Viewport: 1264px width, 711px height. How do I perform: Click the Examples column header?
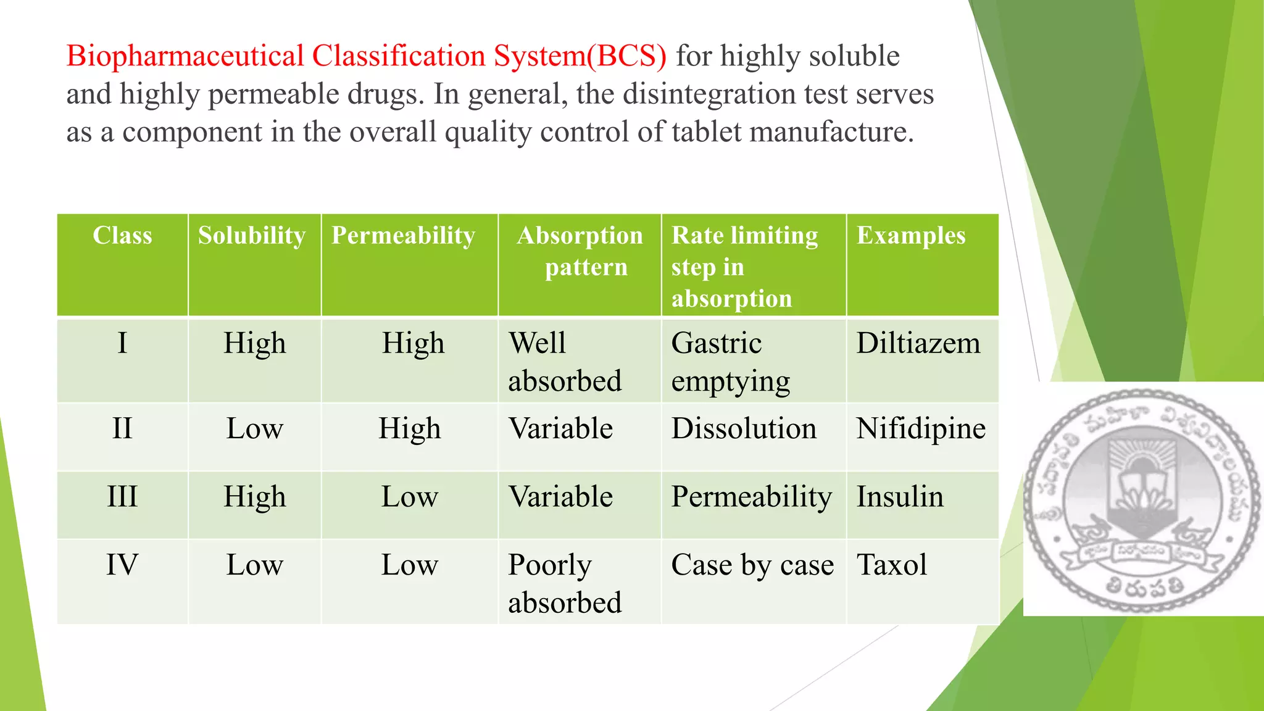click(911, 236)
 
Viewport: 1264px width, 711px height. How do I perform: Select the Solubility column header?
click(252, 236)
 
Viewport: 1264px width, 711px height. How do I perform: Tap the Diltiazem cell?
click(918, 344)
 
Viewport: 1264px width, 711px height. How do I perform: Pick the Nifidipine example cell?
click(921, 429)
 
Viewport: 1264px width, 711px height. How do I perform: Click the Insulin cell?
click(900, 497)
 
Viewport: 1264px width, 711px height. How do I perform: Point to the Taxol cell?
click(892, 565)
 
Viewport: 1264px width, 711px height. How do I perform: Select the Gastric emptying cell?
click(731, 362)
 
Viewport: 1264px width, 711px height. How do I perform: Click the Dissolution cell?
click(744, 429)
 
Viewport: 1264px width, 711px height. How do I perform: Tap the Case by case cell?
click(752, 565)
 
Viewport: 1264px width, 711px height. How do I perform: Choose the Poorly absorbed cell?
click(565, 583)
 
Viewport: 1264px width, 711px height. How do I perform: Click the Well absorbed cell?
click(565, 362)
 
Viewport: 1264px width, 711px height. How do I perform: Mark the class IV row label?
click(122, 565)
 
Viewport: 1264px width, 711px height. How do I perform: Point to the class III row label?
click(122, 497)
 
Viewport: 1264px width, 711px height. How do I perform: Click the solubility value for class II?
click(254, 429)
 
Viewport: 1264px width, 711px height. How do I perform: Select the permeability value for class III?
click(410, 497)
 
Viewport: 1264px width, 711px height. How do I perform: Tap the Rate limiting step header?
click(744, 267)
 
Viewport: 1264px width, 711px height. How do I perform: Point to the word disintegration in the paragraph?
click(710, 94)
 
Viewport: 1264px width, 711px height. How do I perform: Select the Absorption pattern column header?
click(580, 251)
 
